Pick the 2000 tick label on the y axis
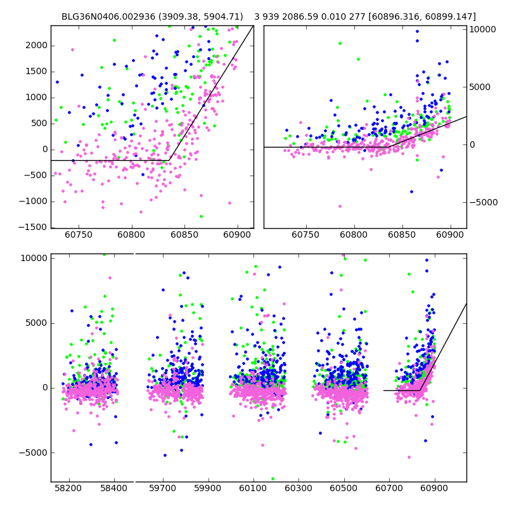(x=36, y=45)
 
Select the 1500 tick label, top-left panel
(x=36, y=72)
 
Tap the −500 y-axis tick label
(x=36, y=176)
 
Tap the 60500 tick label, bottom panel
(x=344, y=489)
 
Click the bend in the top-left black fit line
(x=170, y=160)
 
